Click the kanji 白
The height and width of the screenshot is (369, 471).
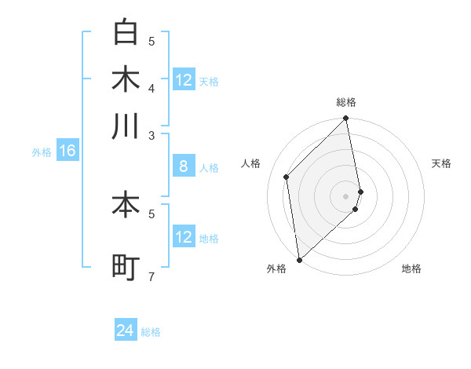point(126,33)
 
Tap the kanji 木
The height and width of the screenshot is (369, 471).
point(126,79)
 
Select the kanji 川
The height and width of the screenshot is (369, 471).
point(126,126)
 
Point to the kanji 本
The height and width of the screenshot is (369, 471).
point(126,205)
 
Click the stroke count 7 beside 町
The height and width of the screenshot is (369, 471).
point(152,276)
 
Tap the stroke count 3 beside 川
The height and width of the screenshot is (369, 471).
point(152,135)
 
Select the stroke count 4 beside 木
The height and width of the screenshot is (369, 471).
point(152,87)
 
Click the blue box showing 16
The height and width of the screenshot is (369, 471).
point(67,152)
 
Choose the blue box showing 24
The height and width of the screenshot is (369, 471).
point(126,331)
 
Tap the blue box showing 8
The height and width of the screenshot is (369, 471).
point(183,166)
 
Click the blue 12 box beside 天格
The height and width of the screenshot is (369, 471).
point(183,80)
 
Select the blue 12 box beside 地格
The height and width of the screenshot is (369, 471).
point(183,237)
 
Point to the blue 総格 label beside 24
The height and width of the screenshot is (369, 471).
point(151,332)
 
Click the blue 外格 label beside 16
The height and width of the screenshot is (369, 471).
point(41,152)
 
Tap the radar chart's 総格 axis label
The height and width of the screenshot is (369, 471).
point(346,102)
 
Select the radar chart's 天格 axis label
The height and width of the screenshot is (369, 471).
point(441,163)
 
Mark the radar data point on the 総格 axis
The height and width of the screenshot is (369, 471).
point(346,119)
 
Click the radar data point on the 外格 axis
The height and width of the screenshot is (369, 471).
point(299,259)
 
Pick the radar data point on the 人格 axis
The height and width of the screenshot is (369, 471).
point(287,177)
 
